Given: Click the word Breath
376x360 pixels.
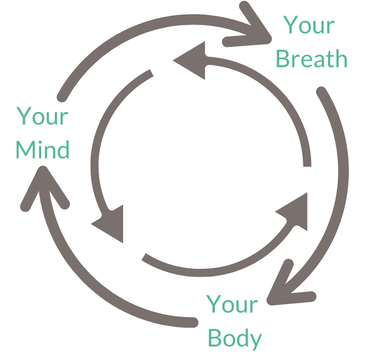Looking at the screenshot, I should tap(311, 59).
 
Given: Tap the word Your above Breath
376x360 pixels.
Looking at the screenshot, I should tap(309, 25).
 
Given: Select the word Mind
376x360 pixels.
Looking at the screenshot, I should tap(42, 150).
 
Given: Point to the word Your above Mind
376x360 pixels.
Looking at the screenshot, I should tap(42, 116).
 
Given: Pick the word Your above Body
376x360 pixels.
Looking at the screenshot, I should tap(232, 305).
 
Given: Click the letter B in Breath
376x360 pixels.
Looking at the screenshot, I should tap(282, 59).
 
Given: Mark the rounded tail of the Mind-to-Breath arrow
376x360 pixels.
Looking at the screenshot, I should tap(63, 96).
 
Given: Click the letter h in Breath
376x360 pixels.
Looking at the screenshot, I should tap(340, 59).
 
